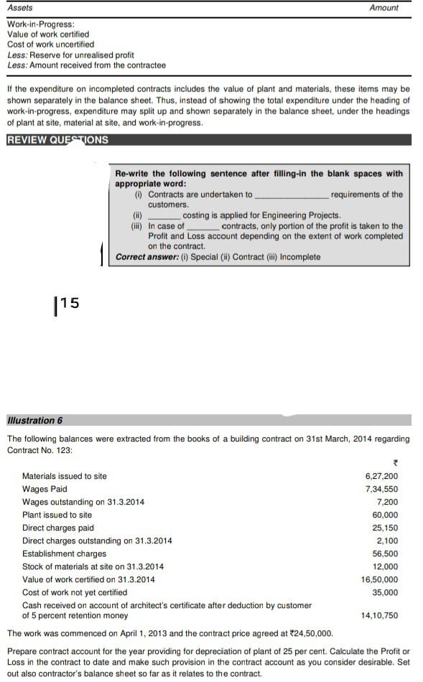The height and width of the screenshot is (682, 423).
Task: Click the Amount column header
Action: tap(384, 8)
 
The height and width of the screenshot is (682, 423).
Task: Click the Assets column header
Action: tap(20, 8)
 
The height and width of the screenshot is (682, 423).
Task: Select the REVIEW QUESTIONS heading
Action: tap(57, 140)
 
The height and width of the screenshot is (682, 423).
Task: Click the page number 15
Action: tap(68, 303)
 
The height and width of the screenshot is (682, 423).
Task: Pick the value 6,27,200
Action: tap(381, 476)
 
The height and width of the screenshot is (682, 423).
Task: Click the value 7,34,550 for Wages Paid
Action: tap(381, 489)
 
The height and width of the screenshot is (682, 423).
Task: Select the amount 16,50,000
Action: tap(379, 579)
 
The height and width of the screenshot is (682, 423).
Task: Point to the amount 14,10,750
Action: tap(379, 615)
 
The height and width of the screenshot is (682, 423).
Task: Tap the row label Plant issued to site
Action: tap(57, 515)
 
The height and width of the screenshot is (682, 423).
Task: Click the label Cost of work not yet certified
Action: tap(75, 592)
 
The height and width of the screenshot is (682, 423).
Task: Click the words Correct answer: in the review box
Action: tap(141, 257)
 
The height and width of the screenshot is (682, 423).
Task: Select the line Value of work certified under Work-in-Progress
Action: tap(48, 34)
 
